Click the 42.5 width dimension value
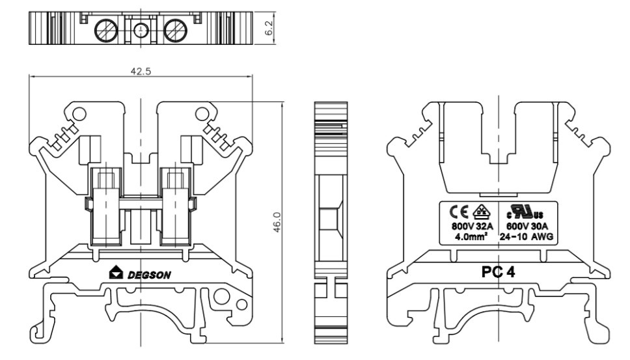141,72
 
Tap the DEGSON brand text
149,275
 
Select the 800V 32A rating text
472,227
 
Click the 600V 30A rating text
527,227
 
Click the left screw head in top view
105,29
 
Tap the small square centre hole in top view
141,29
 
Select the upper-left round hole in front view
79,115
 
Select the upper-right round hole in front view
202,115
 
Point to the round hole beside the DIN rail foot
223,301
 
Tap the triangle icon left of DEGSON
116,274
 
